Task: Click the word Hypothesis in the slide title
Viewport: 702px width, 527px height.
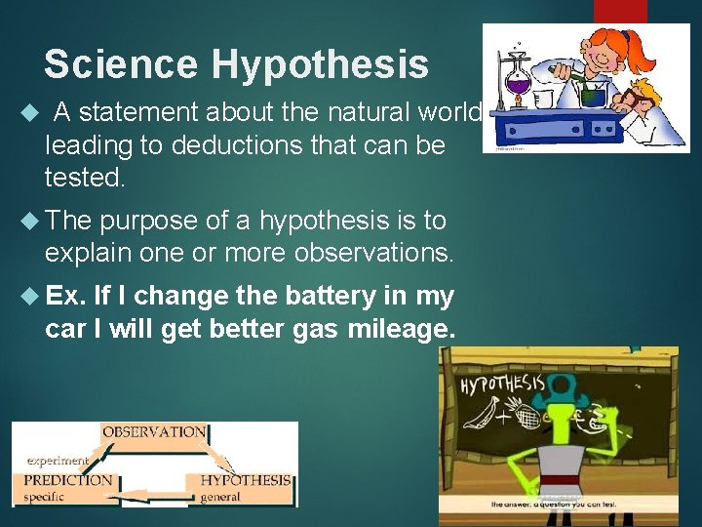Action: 320,64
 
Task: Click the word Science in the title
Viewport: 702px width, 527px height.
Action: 122,64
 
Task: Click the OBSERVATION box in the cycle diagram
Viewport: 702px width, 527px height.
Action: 154,432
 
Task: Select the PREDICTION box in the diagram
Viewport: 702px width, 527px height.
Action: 67,480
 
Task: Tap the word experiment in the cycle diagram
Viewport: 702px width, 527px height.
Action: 58,460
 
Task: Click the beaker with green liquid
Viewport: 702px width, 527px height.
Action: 592,96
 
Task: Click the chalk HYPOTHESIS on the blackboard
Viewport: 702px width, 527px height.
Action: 502,383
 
